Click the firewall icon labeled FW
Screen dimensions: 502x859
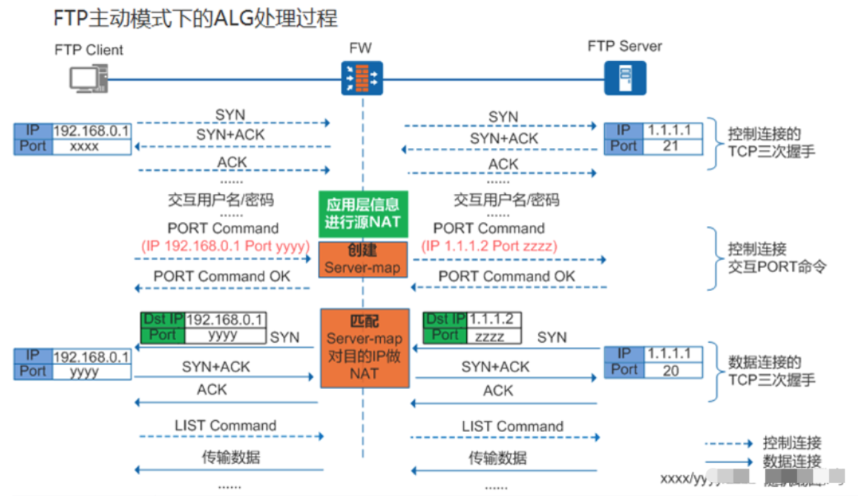coord(362,78)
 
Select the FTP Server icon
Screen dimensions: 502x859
coord(625,78)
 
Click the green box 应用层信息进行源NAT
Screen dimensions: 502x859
coord(362,214)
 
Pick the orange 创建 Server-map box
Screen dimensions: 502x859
coord(362,260)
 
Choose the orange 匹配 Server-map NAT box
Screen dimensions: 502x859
coord(365,348)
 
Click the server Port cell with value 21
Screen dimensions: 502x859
coord(670,146)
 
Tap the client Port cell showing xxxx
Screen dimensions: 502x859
coord(91,147)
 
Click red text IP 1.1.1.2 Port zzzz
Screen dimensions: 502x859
coord(489,245)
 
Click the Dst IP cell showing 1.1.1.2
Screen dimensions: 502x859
coord(493,319)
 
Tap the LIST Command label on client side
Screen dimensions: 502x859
coord(225,426)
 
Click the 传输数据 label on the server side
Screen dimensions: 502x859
coord(498,458)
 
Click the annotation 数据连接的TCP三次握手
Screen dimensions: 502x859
coord(772,370)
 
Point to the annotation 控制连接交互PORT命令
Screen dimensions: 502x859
coord(777,258)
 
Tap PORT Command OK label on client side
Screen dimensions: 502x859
coord(222,276)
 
